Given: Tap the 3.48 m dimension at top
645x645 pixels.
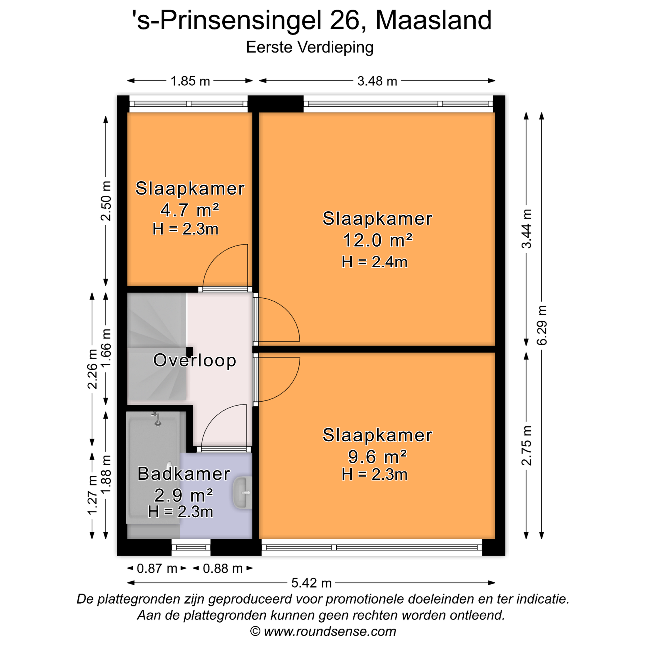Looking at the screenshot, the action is pyautogui.click(x=377, y=81).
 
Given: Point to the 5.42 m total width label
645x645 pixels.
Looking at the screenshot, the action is pyautogui.click(x=312, y=583).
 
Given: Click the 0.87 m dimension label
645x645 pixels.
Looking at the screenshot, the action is pyautogui.click(x=157, y=569).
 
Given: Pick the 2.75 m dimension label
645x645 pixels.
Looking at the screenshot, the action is pyautogui.click(x=527, y=446).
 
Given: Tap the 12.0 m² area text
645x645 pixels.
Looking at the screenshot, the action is pyautogui.click(x=378, y=240).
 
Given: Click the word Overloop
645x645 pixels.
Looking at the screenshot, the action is pyautogui.click(x=195, y=361).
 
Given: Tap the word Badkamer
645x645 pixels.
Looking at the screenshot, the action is pyautogui.click(x=184, y=474).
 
